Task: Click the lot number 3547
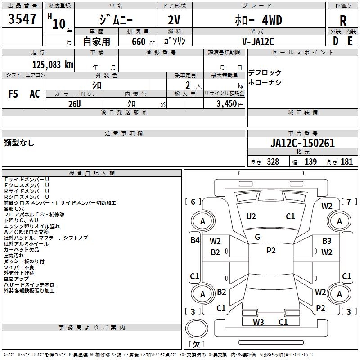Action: point(22,19)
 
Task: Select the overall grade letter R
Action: point(343,21)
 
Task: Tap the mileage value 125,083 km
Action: point(53,65)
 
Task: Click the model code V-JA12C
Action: point(258,41)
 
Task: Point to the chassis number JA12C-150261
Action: point(302,143)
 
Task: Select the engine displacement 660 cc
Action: point(143,42)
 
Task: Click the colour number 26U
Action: point(75,104)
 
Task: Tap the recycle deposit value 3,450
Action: point(226,104)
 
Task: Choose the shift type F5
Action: point(13,94)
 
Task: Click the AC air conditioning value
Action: point(35,94)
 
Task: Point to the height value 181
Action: point(346,162)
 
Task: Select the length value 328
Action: point(273,162)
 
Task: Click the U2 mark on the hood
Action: point(251,216)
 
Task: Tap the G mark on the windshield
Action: point(257,237)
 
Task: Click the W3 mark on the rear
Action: point(258,322)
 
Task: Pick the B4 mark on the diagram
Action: point(195,240)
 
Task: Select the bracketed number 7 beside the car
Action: point(349,202)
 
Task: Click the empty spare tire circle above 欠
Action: point(197,328)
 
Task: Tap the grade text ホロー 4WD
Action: point(258,20)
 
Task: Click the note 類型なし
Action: point(19,143)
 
